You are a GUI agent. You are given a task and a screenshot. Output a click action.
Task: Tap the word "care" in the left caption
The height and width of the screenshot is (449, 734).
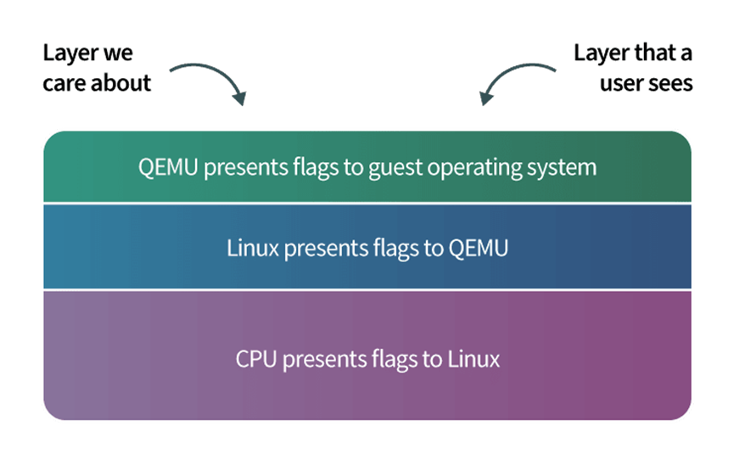tap(64, 84)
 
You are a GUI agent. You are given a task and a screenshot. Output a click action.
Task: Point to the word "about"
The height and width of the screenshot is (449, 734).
tap(120, 83)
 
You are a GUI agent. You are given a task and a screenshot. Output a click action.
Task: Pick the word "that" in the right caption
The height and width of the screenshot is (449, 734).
tap(649, 53)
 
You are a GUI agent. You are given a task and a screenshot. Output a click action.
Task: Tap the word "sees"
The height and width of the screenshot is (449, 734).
tap(669, 84)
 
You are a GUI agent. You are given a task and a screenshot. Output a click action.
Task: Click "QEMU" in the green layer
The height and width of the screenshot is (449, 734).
tap(168, 167)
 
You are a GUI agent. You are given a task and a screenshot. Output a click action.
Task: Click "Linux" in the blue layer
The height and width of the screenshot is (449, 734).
tap(253, 248)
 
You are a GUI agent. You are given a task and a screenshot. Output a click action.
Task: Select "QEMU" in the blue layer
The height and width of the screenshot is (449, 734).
tap(479, 248)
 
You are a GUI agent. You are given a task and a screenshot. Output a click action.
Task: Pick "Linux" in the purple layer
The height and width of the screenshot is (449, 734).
tap(473, 359)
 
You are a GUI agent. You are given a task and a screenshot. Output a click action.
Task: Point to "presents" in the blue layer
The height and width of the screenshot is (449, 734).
tap(326, 249)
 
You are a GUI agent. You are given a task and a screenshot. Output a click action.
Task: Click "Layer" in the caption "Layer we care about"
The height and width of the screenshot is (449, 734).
tap(70, 53)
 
